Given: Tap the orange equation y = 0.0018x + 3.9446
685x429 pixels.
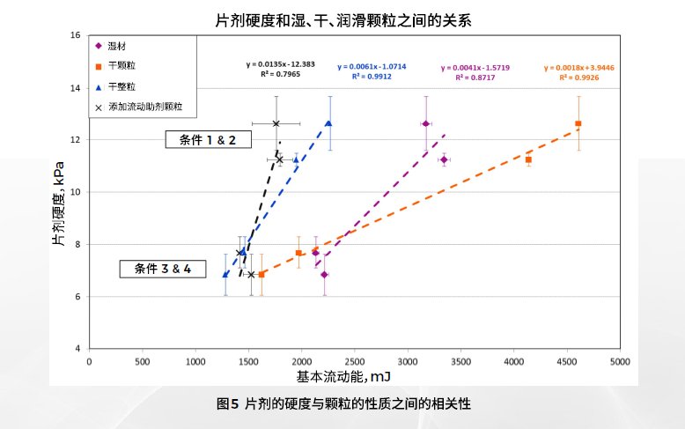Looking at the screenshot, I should [578, 67].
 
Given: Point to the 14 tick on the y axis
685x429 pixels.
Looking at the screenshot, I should [76, 88].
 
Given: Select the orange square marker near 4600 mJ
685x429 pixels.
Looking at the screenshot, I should [578, 123].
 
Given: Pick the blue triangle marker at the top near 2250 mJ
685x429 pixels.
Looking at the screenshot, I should [328, 123].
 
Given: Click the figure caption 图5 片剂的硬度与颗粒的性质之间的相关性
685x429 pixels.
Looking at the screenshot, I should [343, 404].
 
